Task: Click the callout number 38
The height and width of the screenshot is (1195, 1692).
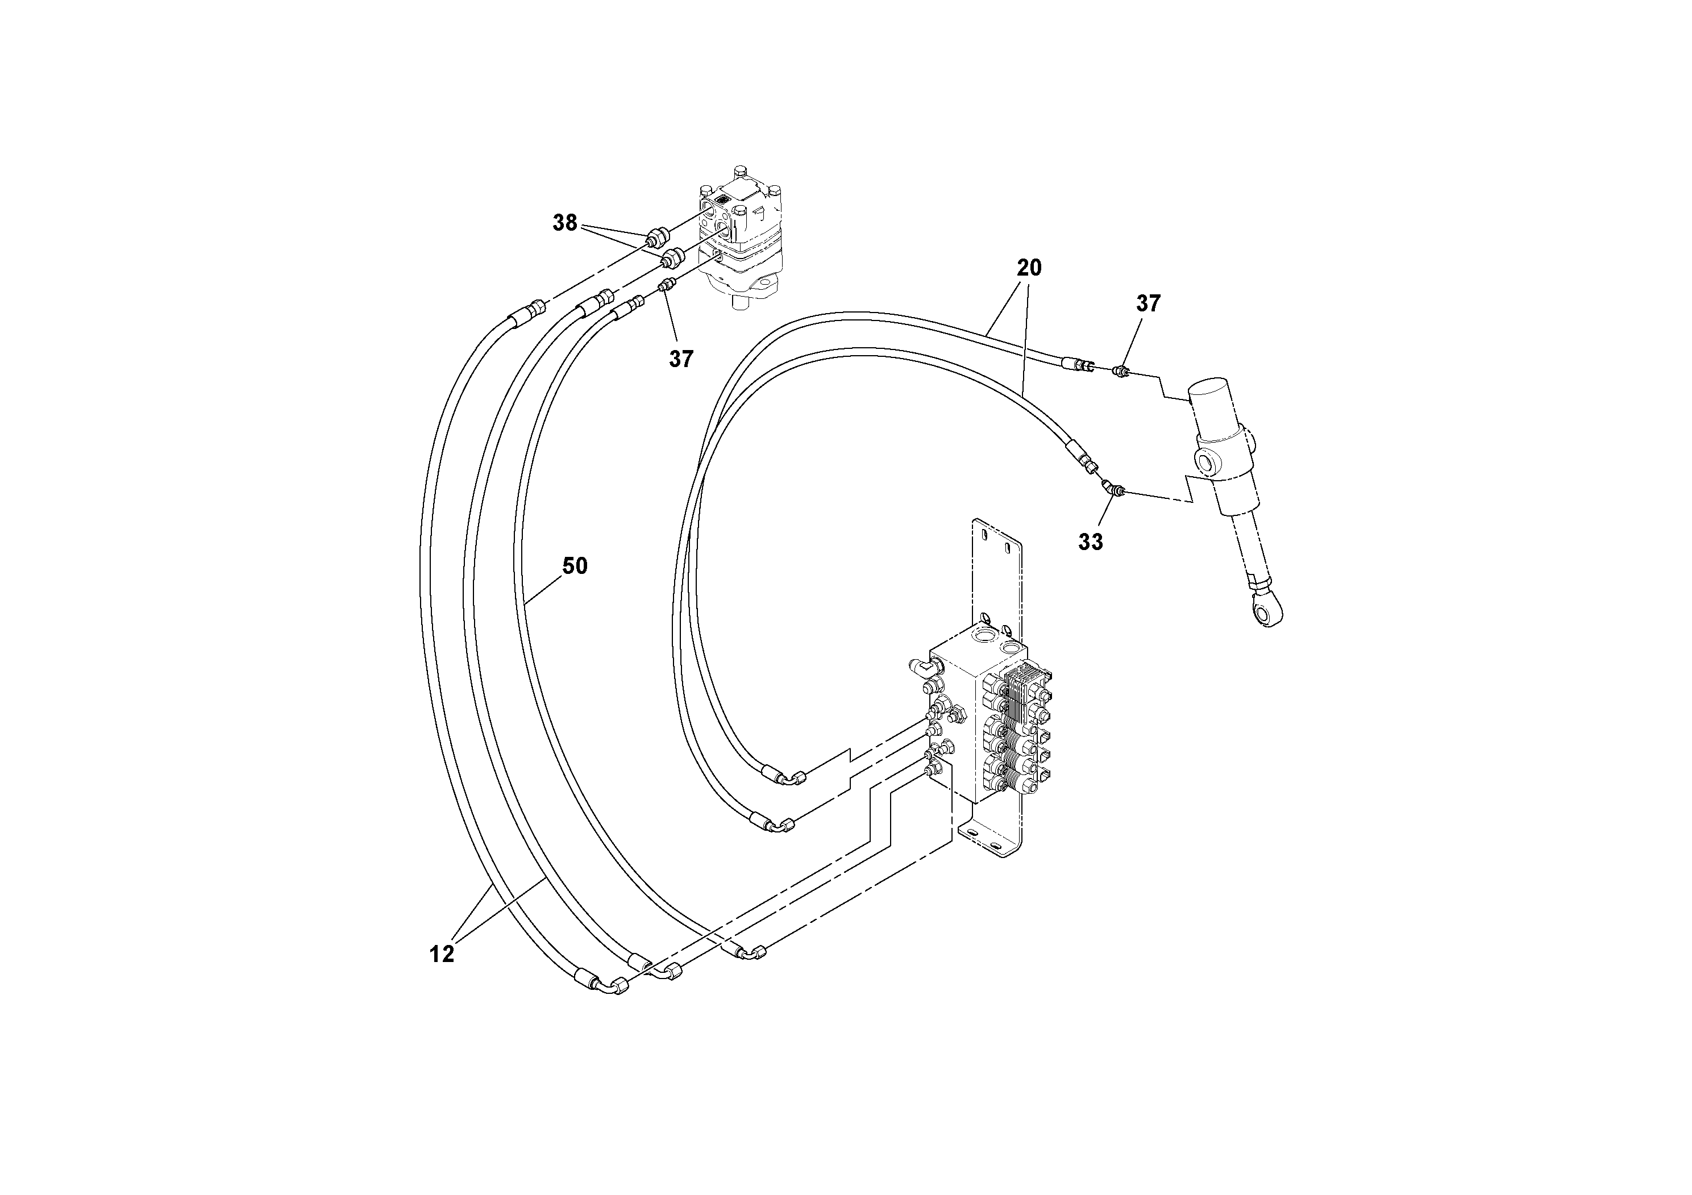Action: click(x=564, y=223)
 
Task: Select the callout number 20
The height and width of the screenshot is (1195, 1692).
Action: click(x=1029, y=268)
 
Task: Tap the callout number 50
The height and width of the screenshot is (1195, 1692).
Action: click(x=575, y=566)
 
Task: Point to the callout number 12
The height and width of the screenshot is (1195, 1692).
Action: click(x=442, y=955)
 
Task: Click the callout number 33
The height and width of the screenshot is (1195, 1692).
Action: click(x=1091, y=542)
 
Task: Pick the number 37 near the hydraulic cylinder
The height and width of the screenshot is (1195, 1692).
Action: click(x=1148, y=303)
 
